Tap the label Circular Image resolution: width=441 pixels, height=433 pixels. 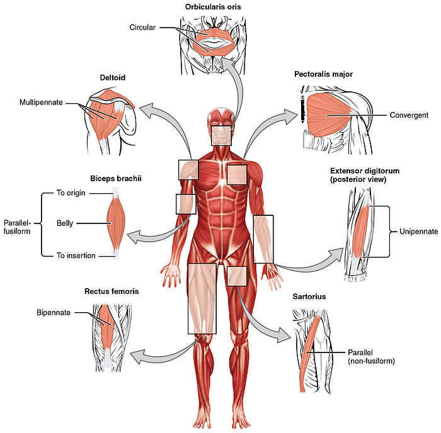click(142, 28)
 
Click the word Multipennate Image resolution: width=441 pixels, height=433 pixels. click(40, 102)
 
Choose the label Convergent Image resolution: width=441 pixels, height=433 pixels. click(409, 115)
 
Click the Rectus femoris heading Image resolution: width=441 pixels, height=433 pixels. click(112, 292)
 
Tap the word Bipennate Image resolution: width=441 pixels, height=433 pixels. click(54, 312)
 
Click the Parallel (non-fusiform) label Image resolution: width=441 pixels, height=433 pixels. click(365, 357)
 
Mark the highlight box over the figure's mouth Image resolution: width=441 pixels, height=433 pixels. click(223, 135)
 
